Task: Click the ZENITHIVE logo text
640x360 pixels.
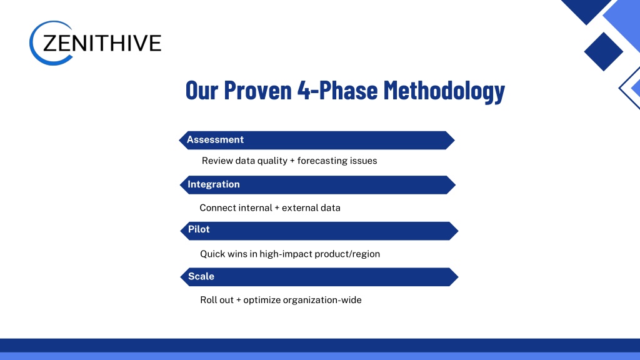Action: click(x=102, y=43)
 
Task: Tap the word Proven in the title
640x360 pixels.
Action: click(x=258, y=90)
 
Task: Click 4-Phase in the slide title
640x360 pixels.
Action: click(x=337, y=90)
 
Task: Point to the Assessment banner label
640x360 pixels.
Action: click(x=215, y=139)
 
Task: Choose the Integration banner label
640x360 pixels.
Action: click(x=214, y=184)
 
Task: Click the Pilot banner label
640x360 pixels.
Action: click(x=199, y=229)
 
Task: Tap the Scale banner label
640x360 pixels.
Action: click(x=201, y=276)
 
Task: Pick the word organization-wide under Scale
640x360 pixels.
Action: click(x=322, y=301)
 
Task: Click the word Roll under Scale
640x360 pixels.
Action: click(x=207, y=300)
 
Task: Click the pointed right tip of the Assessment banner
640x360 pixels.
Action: click(x=455, y=141)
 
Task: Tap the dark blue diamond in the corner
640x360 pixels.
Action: click(x=603, y=52)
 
